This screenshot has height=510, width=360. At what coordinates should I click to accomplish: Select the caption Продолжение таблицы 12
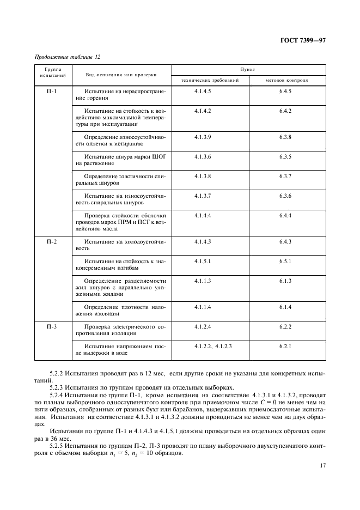pyautogui.click(x=68, y=57)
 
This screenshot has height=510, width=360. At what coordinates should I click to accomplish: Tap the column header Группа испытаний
pyautogui.click(x=53, y=73)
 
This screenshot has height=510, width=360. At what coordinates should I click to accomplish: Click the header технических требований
pyautogui.click(x=210, y=80)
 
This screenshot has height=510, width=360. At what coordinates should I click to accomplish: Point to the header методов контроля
pyautogui.click(x=286, y=80)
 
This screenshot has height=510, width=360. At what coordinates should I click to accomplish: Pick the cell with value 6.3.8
pyautogui.click(x=286, y=137)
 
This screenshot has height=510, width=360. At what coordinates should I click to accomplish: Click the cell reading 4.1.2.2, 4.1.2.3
pyautogui.click(x=213, y=346)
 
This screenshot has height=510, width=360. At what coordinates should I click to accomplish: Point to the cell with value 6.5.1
pyautogui.click(x=286, y=261)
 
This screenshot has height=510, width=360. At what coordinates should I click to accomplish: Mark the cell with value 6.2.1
pyautogui.click(x=286, y=346)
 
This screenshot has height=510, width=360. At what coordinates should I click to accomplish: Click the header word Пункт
pyautogui.click(x=248, y=70)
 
